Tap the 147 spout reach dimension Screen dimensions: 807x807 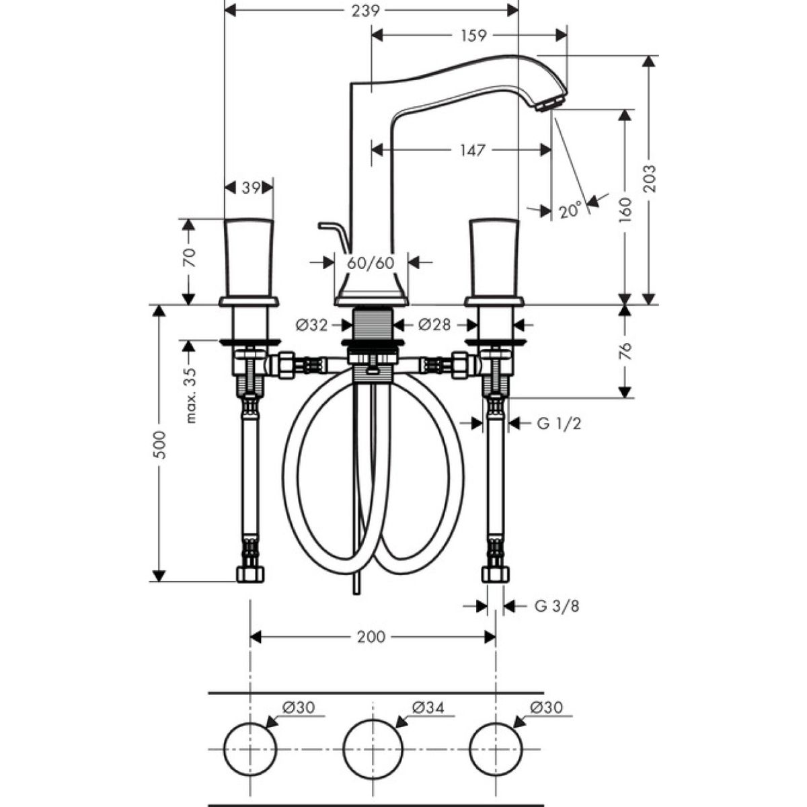[x=473, y=151]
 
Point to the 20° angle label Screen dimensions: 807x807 [x=569, y=210]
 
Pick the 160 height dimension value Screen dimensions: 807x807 [x=625, y=210]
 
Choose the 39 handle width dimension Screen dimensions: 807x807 [x=250, y=189]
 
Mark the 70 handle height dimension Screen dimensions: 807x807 [x=189, y=258]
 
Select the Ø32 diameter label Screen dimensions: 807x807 [x=311, y=325]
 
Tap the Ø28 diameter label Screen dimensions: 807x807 [x=434, y=325]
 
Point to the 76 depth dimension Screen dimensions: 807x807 [x=625, y=351]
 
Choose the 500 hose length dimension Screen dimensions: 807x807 [x=159, y=444]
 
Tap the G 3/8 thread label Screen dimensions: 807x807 [x=557, y=606]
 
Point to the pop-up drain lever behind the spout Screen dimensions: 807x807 [x=334, y=233]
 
